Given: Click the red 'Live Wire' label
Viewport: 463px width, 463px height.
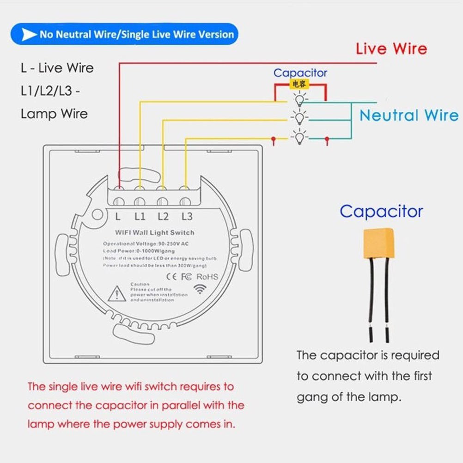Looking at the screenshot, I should coord(391,49).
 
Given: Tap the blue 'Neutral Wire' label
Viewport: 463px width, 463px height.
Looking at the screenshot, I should coord(409,116).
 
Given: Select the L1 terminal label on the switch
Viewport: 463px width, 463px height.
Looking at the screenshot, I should coord(140,216).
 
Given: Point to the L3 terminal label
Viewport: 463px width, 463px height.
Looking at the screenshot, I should coord(187,216).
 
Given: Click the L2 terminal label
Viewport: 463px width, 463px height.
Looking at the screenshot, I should coord(163,216).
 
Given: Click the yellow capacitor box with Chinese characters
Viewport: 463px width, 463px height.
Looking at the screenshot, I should coord(299,85).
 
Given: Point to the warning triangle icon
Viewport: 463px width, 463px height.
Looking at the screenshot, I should coord(116,294).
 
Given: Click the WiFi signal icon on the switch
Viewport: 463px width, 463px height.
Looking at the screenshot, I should coord(200,289).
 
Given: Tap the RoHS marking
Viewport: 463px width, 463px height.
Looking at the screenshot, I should coord(207,276).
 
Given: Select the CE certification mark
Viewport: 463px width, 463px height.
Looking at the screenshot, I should coord(171,276).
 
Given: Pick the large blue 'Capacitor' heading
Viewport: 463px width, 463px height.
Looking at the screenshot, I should coord(381,211).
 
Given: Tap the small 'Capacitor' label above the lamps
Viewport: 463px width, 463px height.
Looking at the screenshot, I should coord(300,73).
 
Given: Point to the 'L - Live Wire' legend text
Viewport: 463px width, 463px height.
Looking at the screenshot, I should coord(57,68).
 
